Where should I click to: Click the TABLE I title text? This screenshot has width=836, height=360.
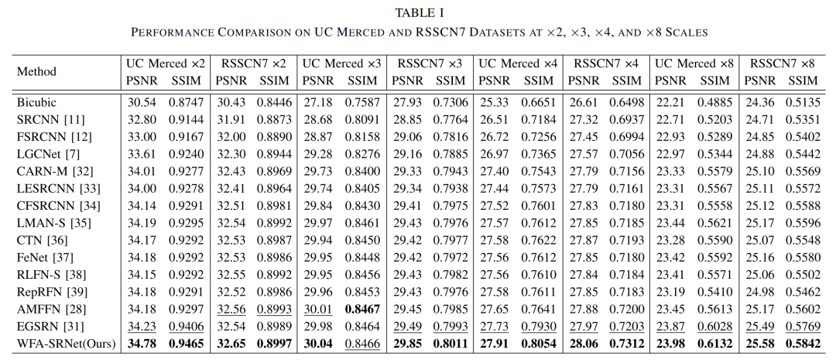pos(418,12)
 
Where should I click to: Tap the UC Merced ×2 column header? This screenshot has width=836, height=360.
pos(166,63)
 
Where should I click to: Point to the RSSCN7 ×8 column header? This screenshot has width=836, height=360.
pos(783,63)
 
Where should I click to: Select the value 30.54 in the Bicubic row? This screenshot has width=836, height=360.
pos(143,101)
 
